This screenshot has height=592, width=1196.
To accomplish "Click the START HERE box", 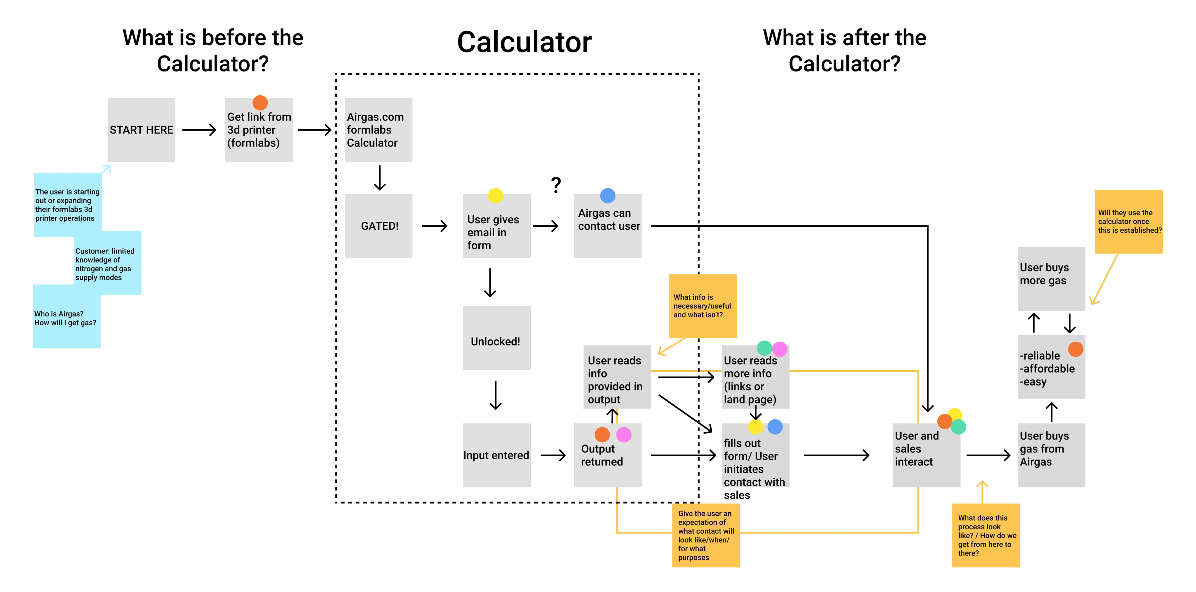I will pos(141,130).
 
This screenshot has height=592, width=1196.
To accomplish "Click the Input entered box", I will pos(496,455).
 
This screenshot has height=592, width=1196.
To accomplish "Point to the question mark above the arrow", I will pos(556,185).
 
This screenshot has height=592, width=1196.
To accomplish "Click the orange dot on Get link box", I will pos(260,103).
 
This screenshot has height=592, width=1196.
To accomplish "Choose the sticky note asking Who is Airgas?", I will pos(66,318).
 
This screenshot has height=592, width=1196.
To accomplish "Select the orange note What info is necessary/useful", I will pos(703,306).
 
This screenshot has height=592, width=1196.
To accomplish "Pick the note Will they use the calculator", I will pos(1128,221).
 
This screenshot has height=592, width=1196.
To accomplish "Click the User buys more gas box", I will pos(1051,278).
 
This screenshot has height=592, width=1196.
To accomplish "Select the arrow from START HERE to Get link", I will pos(199,130).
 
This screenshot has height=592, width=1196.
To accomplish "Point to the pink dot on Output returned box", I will pos(624,435).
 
